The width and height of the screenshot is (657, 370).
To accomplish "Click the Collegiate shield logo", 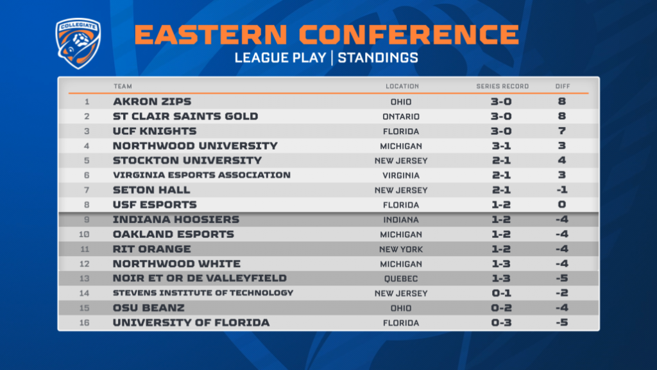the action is (78, 43).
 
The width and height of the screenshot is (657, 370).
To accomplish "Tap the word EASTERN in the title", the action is (210, 35).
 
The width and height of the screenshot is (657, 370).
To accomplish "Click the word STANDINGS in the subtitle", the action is (378, 58).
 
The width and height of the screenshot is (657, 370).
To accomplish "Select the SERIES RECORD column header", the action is (502, 87).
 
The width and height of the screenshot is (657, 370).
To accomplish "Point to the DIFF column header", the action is (563, 87).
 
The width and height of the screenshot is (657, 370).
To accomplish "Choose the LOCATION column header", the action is (402, 87).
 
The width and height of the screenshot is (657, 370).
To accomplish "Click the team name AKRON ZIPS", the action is (152, 101).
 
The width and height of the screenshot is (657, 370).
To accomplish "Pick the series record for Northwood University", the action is (501, 146).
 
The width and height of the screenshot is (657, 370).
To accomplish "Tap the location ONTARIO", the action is (401, 117).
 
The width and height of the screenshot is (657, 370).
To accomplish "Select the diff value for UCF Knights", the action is (562, 131).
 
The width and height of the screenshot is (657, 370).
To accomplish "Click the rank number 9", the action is (87, 220).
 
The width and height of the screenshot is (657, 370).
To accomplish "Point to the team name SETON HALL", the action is (151, 190).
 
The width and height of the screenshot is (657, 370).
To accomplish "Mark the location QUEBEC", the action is (401, 279).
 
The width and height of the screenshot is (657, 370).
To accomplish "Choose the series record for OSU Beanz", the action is (501, 308).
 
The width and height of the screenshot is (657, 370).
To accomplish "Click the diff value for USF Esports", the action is (562, 205).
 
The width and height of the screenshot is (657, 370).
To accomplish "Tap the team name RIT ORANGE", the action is (151, 249).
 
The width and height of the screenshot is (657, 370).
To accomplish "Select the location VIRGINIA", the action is (401, 175).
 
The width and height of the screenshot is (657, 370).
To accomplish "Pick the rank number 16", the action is (85, 323).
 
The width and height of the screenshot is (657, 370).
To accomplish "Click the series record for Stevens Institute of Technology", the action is (501, 293).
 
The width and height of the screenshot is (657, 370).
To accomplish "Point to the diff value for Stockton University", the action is (562, 161).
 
